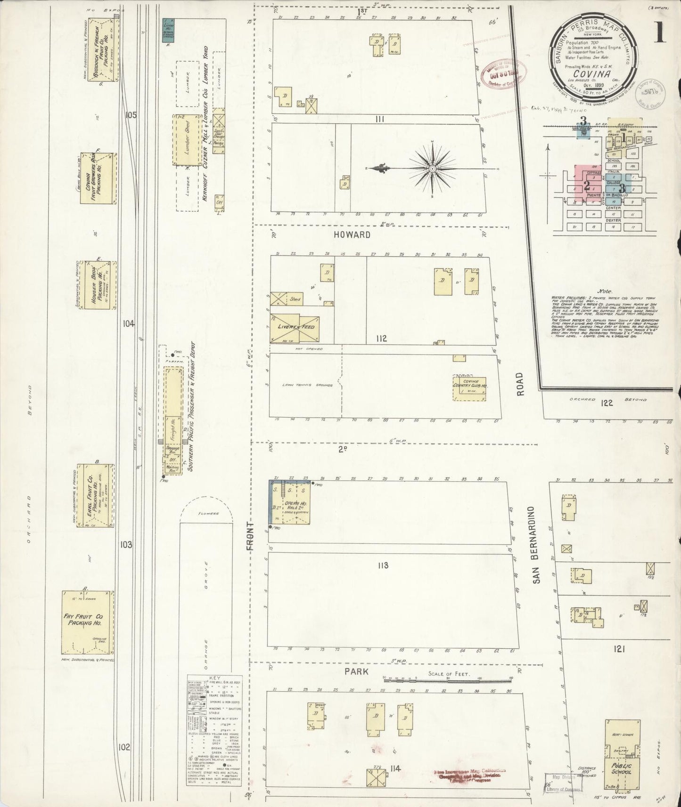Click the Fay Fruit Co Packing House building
tap(88, 622)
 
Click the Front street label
tap(250, 537)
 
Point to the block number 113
tap(383, 565)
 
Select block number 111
tap(380, 120)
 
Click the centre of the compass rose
tap(432, 168)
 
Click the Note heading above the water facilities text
tap(604, 291)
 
